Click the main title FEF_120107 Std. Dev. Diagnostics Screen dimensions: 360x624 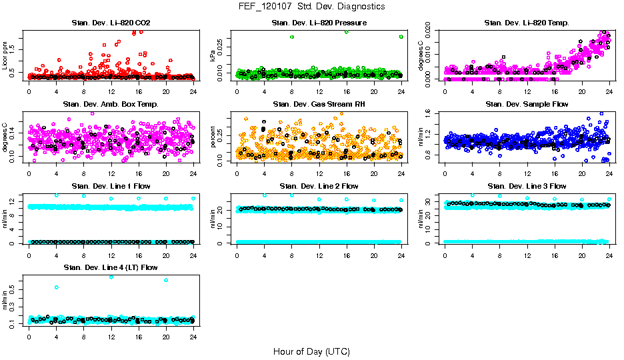311,7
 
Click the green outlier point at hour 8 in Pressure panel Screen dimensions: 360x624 292,37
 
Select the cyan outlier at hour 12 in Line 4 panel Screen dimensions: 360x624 111,277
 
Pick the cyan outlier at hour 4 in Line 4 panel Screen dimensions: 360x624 57,287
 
